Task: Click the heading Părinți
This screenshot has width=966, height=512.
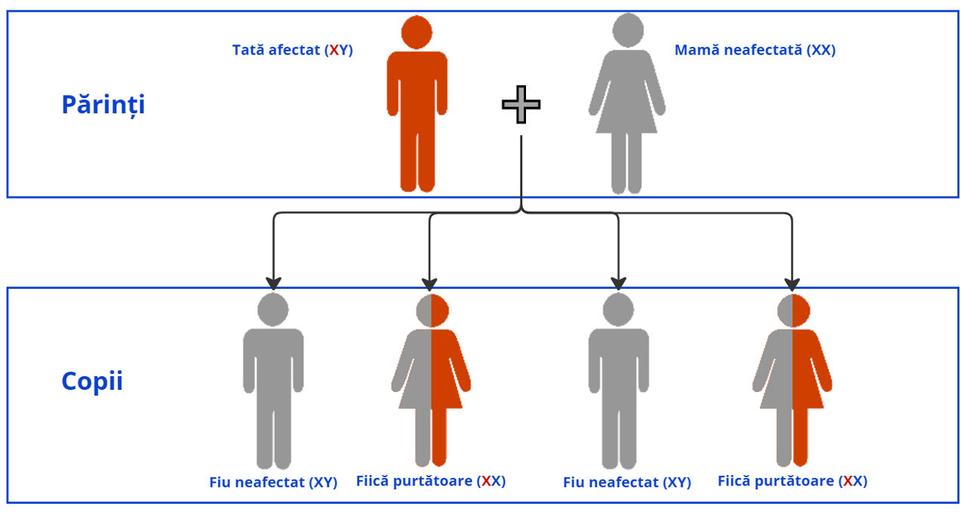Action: coord(103,104)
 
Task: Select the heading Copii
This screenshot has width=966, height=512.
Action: coord(91,382)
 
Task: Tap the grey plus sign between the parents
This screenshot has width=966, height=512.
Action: coord(521,105)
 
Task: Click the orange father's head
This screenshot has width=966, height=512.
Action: coord(417,32)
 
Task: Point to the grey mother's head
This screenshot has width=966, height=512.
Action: coord(627,29)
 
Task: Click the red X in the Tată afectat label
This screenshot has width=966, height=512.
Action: coord(334,51)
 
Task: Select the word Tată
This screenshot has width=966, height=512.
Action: coord(248,51)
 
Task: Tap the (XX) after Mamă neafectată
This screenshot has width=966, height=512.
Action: coord(821,51)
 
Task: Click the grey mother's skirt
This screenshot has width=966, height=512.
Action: coord(626,113)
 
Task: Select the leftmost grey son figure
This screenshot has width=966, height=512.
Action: coord(273,377)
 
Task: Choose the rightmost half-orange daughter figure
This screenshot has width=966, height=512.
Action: coord(792,377)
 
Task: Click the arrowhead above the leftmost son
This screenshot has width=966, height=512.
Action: coord(273,284)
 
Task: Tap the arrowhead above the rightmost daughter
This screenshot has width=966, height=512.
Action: coord(792,284)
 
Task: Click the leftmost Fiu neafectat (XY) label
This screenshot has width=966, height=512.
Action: coord(273,483)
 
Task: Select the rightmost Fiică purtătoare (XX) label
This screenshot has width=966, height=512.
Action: coord(792,481)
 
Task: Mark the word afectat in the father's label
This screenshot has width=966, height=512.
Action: coord(294,51)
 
